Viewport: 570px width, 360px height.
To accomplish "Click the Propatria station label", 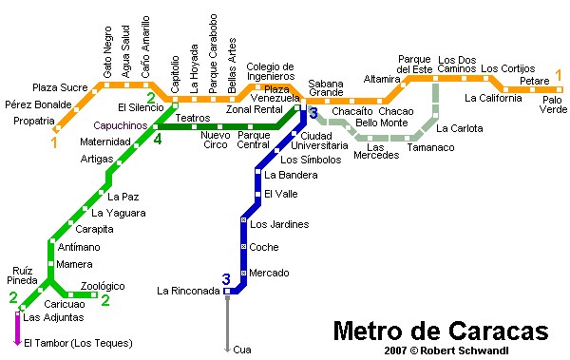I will [33, 121].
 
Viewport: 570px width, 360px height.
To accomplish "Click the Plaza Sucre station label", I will [59, 87].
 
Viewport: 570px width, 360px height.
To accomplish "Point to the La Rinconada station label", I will [187, 291].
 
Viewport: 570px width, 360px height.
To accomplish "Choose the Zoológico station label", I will [103, 285].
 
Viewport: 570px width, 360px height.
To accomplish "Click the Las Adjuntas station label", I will [53, 317].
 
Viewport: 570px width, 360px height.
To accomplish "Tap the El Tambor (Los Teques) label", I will [78, 343].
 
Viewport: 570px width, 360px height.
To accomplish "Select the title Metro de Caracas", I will [440, 332].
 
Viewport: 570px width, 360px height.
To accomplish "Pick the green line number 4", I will [158, 140].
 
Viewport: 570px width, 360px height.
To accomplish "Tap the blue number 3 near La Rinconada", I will [226, 278].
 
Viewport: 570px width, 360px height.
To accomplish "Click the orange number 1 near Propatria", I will [54, 143].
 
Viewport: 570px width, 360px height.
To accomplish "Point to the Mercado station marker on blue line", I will [243, 273].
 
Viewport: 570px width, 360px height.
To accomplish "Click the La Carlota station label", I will [459, 128].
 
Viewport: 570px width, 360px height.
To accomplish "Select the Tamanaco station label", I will [429, 147].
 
